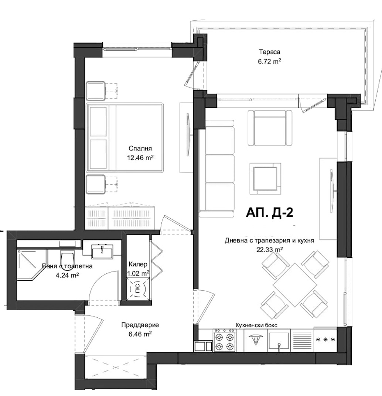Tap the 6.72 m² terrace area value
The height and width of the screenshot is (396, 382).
[x=269, y=62]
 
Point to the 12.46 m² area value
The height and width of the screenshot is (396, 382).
[x=140, y=158]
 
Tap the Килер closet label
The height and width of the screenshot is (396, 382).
[x=138, y=264]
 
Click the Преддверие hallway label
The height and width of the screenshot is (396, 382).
[x=140, y=325]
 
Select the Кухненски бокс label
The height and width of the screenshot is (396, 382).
[x=256, y=325]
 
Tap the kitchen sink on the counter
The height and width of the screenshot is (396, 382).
[x=279, y=340]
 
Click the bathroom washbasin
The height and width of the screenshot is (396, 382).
[x=102, y=252]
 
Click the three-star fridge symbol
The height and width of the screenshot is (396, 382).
[x=325, y=340]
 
